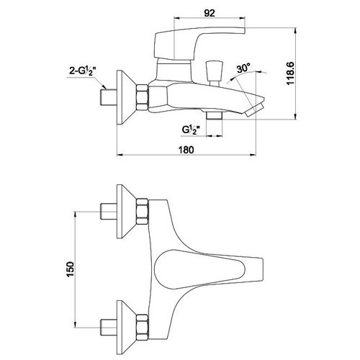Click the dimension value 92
pos(210,13)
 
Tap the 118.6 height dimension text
pos(290,73)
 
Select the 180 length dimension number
pos(186,150)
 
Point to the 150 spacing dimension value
pos(70,269)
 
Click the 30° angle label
pos(243,68)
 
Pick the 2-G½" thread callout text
pos(83,71)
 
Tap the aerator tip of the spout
pos(255,110)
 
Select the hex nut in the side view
pos(142,97)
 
